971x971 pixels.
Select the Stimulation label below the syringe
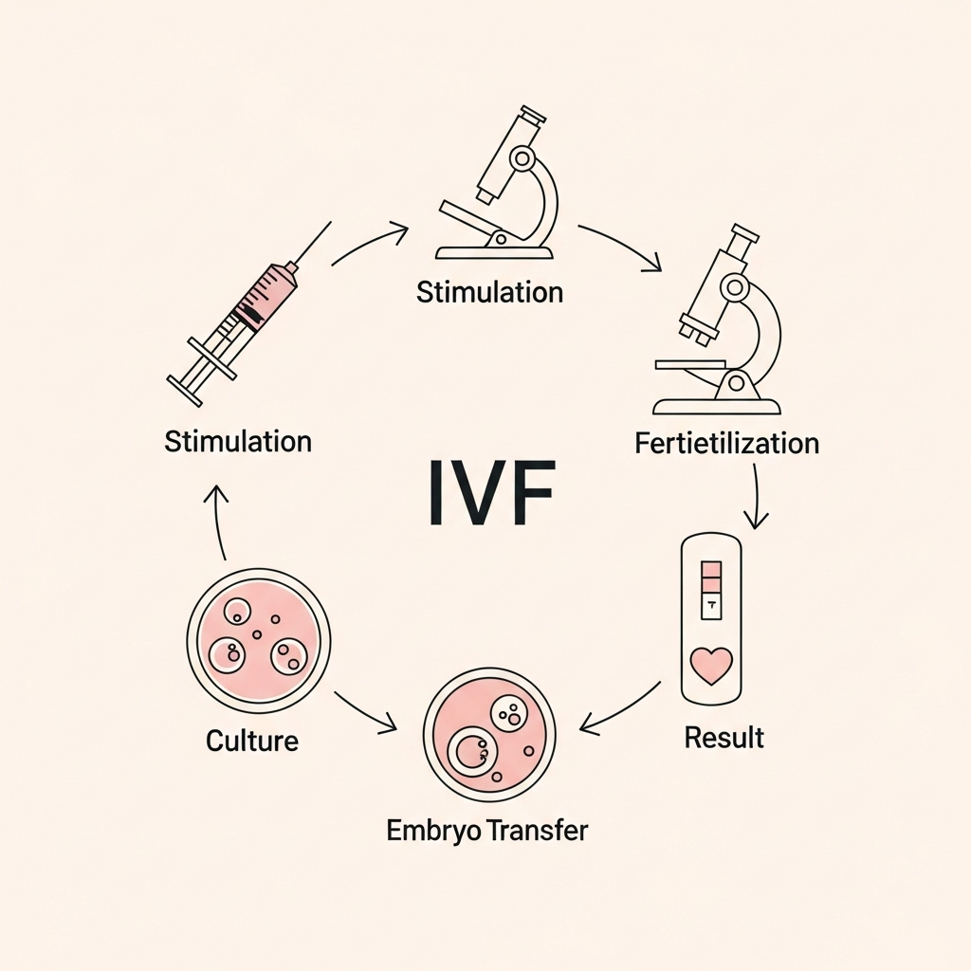238,441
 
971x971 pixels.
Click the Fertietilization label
725,443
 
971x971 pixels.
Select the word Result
724,737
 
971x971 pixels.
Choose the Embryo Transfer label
487,831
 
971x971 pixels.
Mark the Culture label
252,740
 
